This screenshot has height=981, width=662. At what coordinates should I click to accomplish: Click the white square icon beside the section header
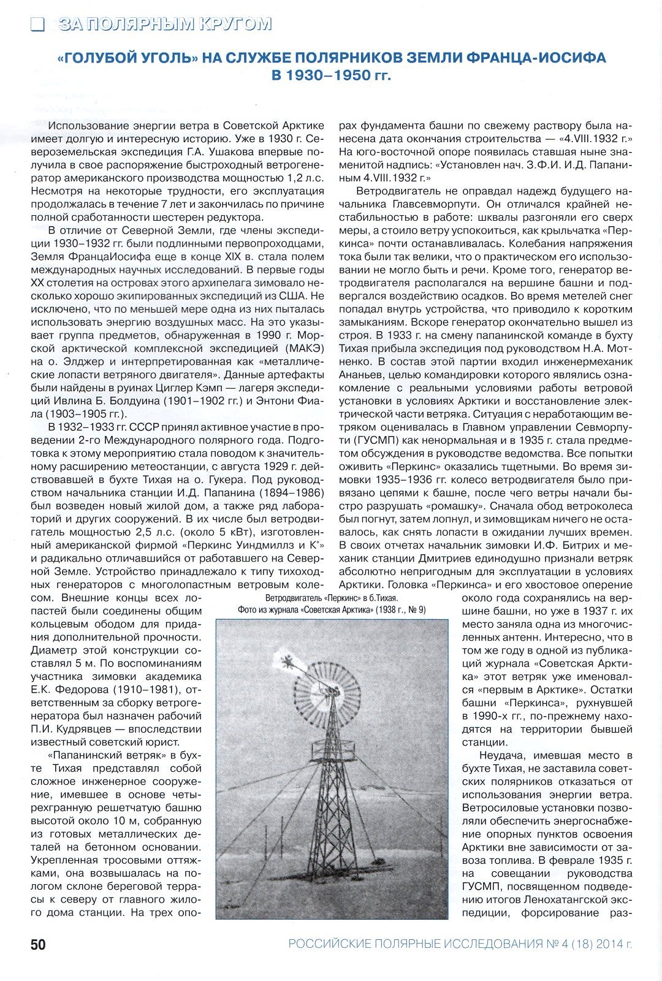[38, 24]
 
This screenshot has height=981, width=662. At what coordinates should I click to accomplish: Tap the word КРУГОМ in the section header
[235, 24]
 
